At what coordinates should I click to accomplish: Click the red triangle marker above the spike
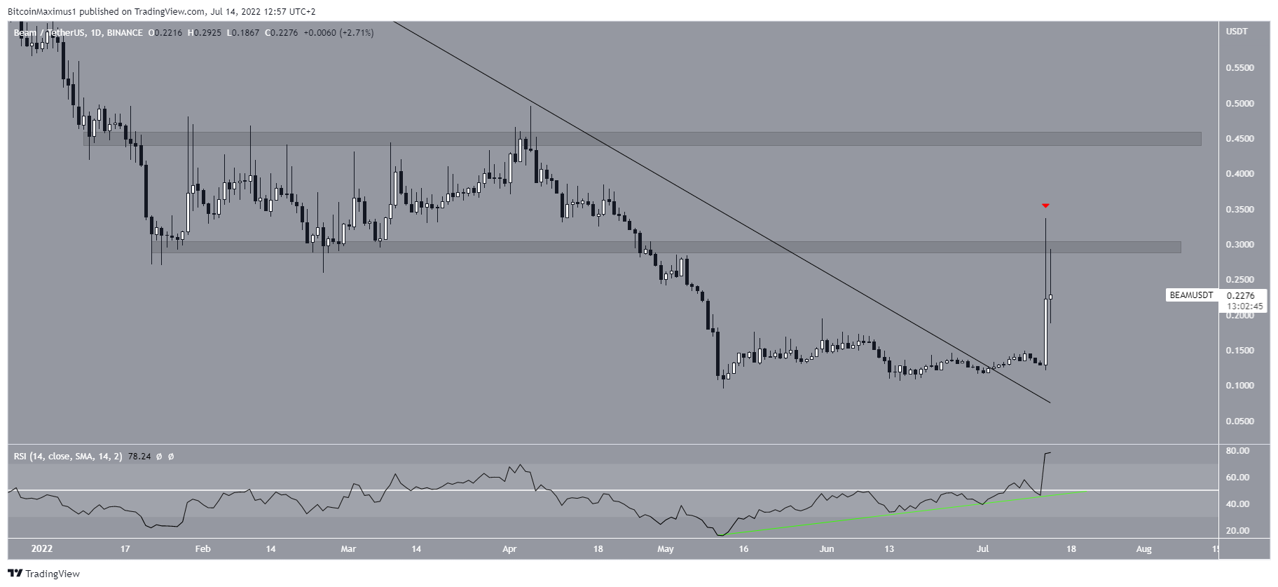1045,205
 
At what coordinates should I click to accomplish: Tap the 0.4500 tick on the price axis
1239,139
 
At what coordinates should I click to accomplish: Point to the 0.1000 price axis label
1239,386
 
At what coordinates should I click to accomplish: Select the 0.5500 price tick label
1239,68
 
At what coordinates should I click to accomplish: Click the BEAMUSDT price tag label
1190,295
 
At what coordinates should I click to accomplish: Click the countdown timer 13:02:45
1244,306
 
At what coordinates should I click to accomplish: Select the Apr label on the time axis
509,549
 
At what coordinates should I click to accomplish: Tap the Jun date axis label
827,549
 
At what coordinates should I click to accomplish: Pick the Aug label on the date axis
1143,549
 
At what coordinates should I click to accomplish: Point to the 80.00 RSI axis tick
1239,451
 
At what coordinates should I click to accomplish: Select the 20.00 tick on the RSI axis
1239,531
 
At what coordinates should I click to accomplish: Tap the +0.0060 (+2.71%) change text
338,33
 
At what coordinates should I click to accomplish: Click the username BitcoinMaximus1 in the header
39,11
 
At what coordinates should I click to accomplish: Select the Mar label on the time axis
348,549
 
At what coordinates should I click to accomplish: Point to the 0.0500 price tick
1239,421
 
